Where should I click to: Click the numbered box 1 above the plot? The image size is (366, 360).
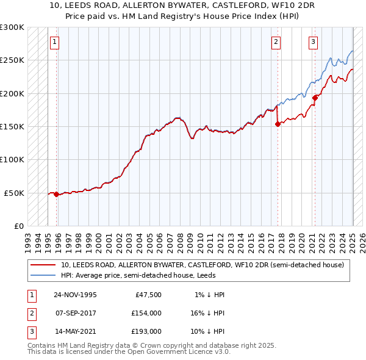click(x=54, y=42)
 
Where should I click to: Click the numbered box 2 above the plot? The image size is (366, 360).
click(x=276, y=42)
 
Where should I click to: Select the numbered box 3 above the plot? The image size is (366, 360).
click(x=313, y=42)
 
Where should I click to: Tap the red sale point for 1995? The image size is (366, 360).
click(x=57, y=195)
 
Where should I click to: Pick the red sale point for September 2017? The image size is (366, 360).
click(x=278, y=124)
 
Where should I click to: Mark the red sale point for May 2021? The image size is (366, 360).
click(x=315, y=98)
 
